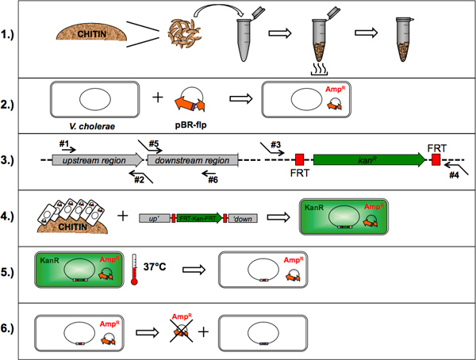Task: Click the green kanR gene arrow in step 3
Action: pyautogui.click(x=370, y=160)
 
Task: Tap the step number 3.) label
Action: pyautogui.click(x=17, y=162)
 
